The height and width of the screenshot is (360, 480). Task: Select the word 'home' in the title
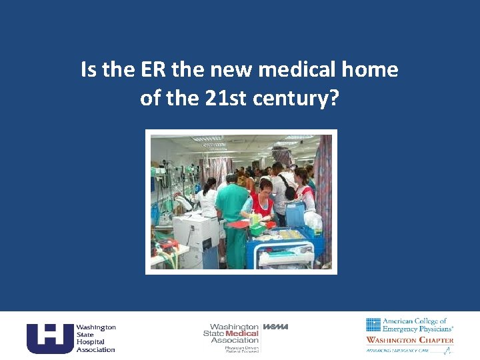click(x=369, y=70)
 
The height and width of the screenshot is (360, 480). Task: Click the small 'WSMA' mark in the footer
click(x=276, y=327)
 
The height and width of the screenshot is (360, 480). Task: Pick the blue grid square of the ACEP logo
click(x=373, y=325)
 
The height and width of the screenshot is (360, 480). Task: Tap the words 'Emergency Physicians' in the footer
click(x=418, y=329)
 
